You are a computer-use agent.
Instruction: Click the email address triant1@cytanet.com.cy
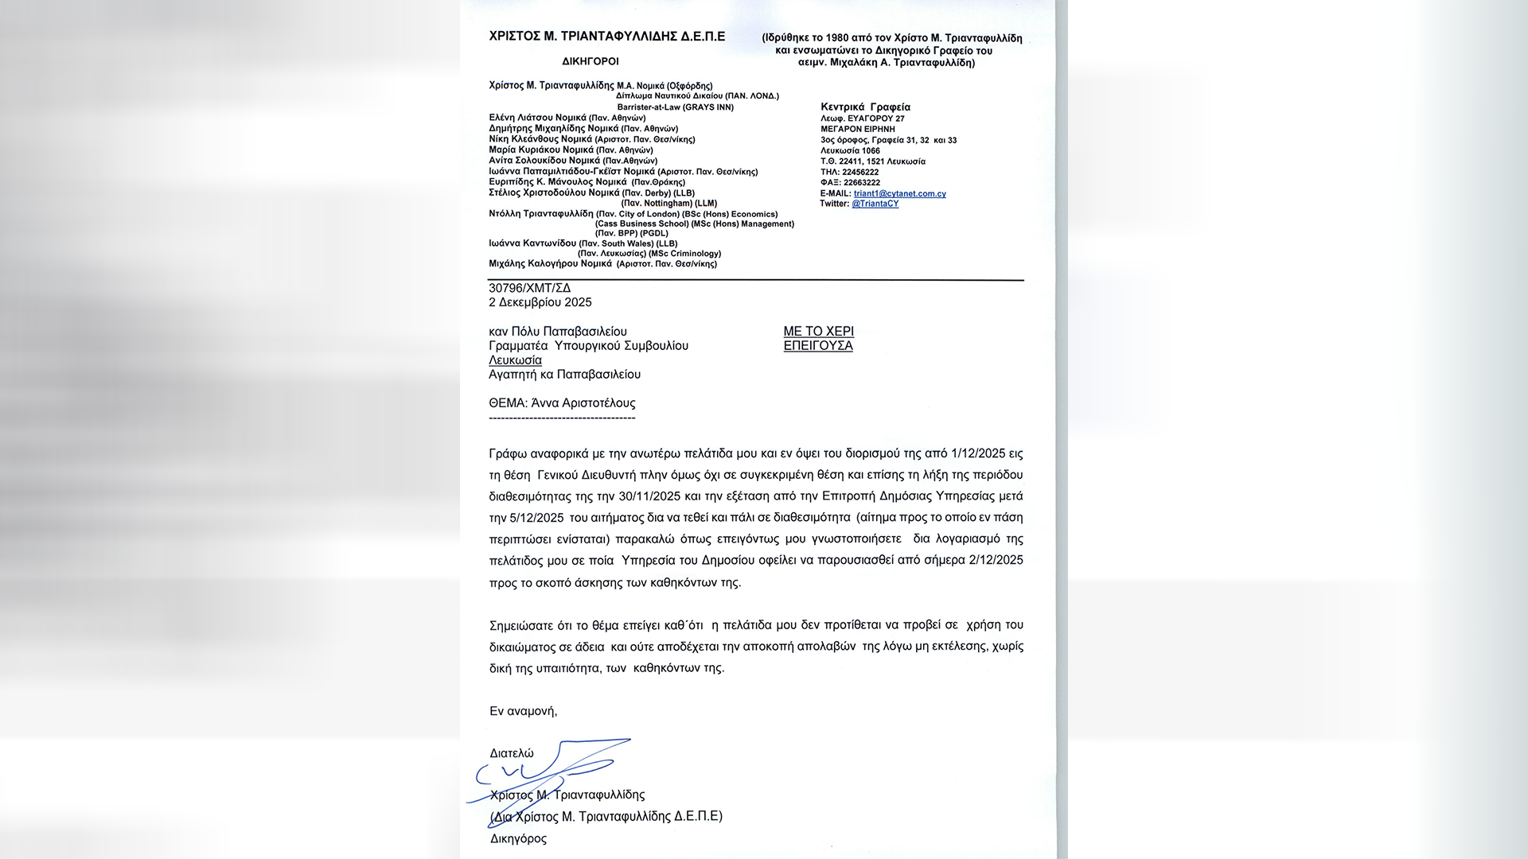[x=899, y=193]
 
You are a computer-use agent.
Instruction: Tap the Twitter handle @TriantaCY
[x=875, y=204]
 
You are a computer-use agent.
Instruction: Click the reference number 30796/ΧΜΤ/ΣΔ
[x=529, y=288]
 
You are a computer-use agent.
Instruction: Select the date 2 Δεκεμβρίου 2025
[x=540, y=302]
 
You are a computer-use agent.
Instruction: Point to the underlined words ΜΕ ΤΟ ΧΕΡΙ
[x=818, y=331]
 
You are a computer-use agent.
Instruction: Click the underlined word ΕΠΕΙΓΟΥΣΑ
[x=817, y=345]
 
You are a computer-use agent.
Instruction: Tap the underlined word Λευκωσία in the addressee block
[x=515, y=360]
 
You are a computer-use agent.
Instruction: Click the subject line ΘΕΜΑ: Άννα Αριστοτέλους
[x=562, y=402]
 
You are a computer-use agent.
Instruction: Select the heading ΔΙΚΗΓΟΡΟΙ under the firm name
[x=590, y=61]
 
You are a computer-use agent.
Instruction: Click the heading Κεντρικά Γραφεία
[x=865, y=107]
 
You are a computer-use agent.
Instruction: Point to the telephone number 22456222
[x=860, y=172]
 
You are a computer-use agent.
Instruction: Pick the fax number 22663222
[x=861, y=182]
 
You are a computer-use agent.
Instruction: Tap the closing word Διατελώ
[x=511, y=752]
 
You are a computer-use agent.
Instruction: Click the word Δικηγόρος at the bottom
[x=518, y=838]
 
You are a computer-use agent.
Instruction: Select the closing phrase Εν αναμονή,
[x=523, y=710]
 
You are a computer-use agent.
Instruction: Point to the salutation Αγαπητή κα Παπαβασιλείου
[x=564, y=374]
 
